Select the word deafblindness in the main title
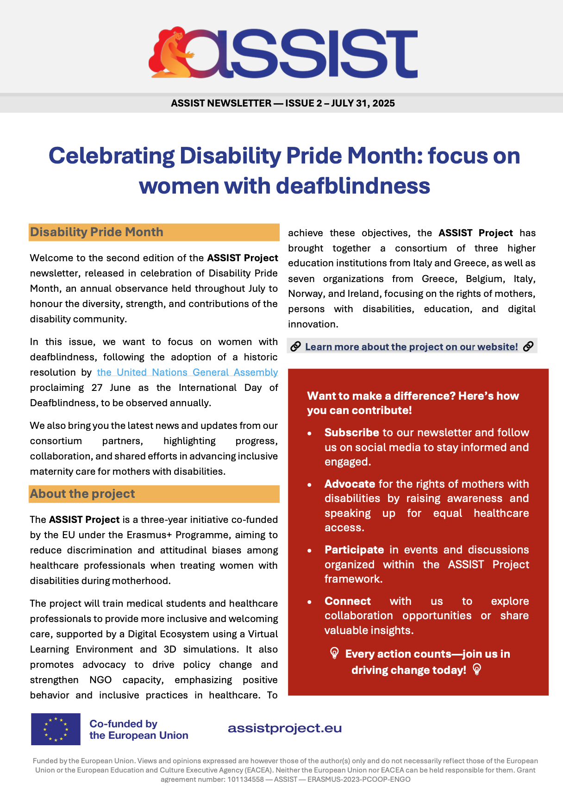pos(353,186)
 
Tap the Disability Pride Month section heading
pos(97,232)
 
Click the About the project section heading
pos(82,494)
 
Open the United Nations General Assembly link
pos(187,372)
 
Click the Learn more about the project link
pos(411,346)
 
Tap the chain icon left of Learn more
pos(295,346)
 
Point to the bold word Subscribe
pos(351,433)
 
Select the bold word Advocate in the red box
pos(350,484)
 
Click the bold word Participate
pos(354,550)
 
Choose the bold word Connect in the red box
pos(347,601)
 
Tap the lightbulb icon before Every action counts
pos(334,653)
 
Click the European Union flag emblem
pos(56,729)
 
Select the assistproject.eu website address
pos(285,728)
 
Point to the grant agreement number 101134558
pos(245,779)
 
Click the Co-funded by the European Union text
pos(138,729)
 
